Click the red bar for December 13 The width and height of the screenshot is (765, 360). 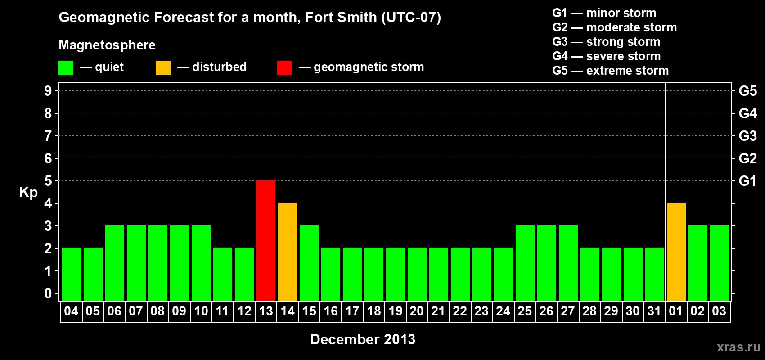click(266, 240)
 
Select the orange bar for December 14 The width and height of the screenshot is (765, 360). click(288, 252)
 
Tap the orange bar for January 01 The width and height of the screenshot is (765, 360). click(676, 252)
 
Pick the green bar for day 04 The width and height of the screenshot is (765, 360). click(72, 274)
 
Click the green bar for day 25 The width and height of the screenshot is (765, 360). click(525, 263)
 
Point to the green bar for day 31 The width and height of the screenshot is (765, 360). click(655, 274)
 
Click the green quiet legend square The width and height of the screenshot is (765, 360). click(66, 68)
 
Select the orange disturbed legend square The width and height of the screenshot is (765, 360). click(163, 68)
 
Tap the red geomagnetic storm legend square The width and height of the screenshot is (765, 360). click(284, 68)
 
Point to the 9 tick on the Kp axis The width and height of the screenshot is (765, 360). click(48, 91)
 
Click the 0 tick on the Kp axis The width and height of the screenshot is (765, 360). click(48, 293)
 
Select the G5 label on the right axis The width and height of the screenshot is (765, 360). click(747, 91)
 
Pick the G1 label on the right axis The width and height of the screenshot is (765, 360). click(747, 181)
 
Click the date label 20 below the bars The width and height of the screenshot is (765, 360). click(417, 311)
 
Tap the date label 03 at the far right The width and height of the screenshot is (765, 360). click(719, 311)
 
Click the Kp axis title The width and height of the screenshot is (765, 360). click(28, 192)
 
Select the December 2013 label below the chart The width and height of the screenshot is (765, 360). click(363, 339)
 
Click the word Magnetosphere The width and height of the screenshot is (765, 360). click(107, 45)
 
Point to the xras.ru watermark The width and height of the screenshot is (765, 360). click(738, 347)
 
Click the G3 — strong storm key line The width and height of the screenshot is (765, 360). click(606, 42)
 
